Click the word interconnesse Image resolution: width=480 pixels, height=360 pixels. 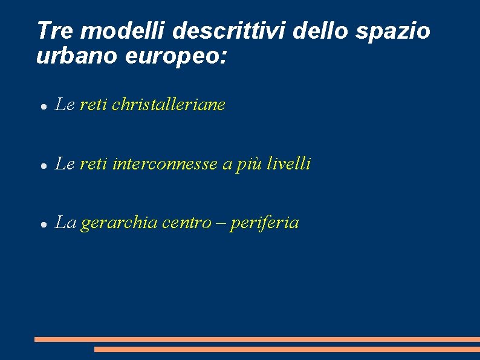pyautogui.click(x=166, y=163)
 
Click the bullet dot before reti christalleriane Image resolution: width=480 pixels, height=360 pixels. pyautogui.click(x=44, y=106)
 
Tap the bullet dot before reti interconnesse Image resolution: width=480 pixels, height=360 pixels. pyautogui.click(x=44, y=165)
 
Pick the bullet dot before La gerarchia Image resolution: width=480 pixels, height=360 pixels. pyautogui.click(x=44, y=224)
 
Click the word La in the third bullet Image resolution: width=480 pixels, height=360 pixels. pyautogui.click(x=65, y=223)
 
